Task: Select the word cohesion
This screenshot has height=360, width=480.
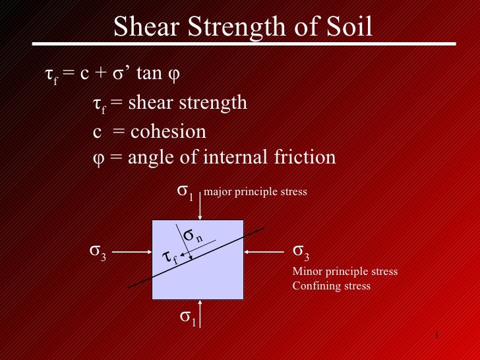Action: [x=168, y=132]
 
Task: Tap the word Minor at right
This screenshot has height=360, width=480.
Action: [x=305, y=272]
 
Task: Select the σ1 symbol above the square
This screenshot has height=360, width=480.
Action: [x=185, y=192]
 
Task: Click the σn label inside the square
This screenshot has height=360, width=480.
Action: [x=193, y=235]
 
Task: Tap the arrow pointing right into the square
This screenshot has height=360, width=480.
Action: [x=136, y=252]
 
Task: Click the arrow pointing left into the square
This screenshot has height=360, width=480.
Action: [x=264, y=252]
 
